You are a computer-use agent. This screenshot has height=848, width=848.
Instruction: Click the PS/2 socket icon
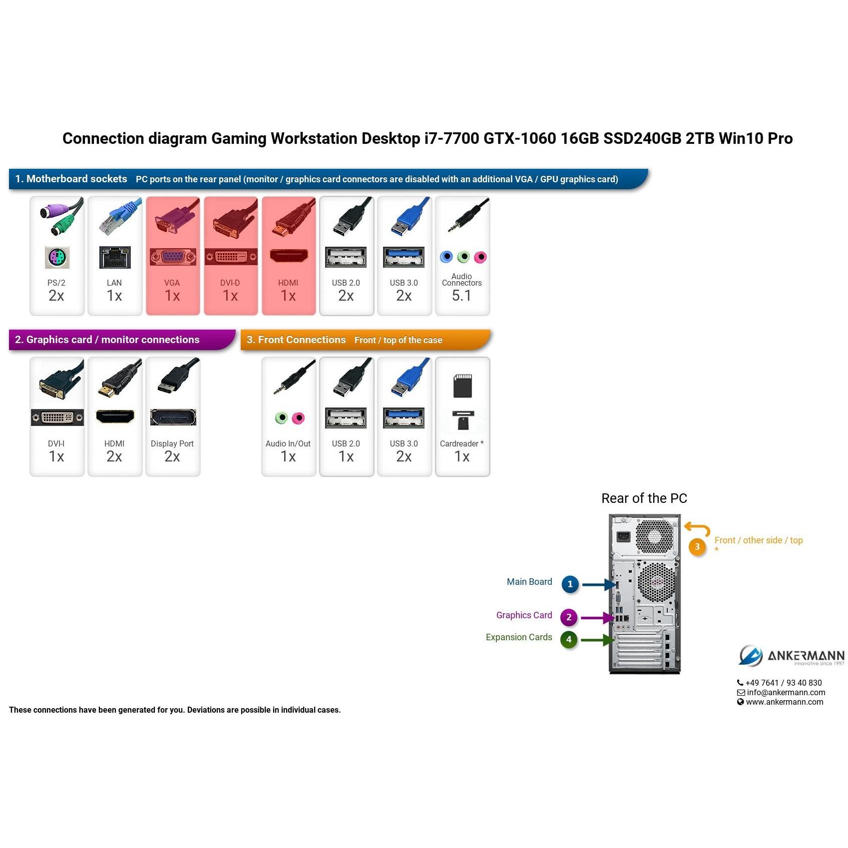pyautogui.click(x=57, y=258)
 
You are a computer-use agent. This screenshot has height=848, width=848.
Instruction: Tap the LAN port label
pyautogui.click(x=114, y=283)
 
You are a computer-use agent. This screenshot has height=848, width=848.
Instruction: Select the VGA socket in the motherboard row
pyautogui.click(x=172, y=257)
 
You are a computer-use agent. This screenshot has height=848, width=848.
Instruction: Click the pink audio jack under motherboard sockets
pyautogui.click(x=480, y=257)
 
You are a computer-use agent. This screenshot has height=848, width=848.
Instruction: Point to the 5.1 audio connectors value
pyautogui.click(x=461, y=296)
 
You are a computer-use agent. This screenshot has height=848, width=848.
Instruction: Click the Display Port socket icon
pyautogui.click(x=173, y=418)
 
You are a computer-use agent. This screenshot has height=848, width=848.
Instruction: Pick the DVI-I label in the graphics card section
pyautogui.click(x=56, y=443)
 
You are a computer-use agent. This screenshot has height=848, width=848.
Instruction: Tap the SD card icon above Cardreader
pyautogui.click(x=462, y=386)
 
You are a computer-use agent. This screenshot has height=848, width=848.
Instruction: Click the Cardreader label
pyautogui.click(x=459, y=443)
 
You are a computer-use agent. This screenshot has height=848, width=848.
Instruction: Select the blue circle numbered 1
pyautogui.click(x=570, y=584)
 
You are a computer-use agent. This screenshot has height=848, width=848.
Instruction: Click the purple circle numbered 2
pyautogui.click(x=569, y=617)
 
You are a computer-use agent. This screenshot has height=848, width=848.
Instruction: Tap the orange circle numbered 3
pyautogui.click(x=697, y=547)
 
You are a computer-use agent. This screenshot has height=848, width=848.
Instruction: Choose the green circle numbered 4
pyautogui.click(x=569, y=639)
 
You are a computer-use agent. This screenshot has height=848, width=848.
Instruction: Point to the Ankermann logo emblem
pyautogui.click(x=751, y=655)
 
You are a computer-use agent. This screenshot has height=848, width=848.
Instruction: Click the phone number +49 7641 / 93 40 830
pyautogui.click(x=784, y=683)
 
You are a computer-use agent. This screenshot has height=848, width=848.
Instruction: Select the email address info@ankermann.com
pyautogui.click(x=786, y=692)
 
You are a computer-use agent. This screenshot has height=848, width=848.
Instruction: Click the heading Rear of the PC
pyautogui.click(x=644, y=498)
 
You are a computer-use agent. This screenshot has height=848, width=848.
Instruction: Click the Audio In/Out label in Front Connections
pyautogui.click(x=288, y=443)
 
